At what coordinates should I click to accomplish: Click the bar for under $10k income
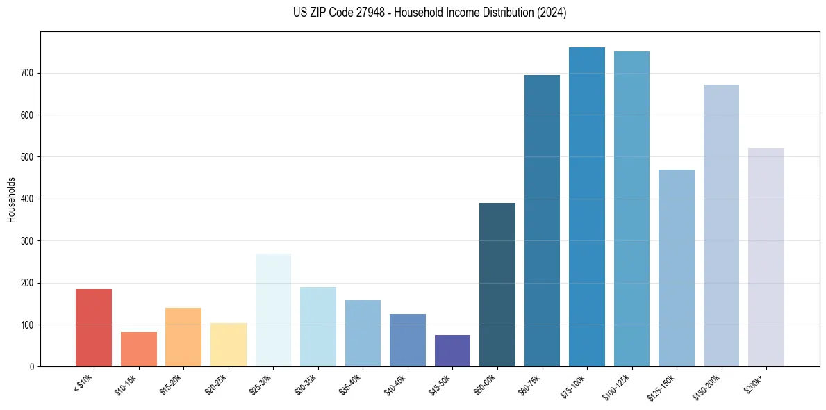94,327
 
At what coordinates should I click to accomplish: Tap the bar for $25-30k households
273,310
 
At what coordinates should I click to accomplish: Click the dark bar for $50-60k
497,284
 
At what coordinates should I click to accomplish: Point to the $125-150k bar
677,268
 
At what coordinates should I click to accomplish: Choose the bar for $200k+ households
766,257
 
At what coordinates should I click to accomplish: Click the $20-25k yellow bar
229,345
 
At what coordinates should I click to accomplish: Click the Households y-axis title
11,199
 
